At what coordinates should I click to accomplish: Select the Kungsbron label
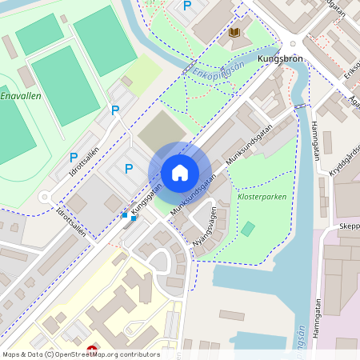[x=281, y=59]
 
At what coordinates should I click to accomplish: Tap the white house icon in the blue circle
[x=180, y=173]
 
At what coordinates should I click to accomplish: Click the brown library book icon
[x=234, y=33]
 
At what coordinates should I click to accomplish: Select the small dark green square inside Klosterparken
[x=249, y=229]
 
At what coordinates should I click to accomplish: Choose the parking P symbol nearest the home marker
[x=129, y=168]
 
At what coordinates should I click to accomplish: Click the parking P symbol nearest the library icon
[x=187, y=6]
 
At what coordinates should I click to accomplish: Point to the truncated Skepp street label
[x=348, y=226]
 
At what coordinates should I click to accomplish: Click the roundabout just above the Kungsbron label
[x=293, y=45]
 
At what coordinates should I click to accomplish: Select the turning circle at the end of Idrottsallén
[x=46, y=197]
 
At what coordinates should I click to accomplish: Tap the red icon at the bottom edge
[x=92, y=349]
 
